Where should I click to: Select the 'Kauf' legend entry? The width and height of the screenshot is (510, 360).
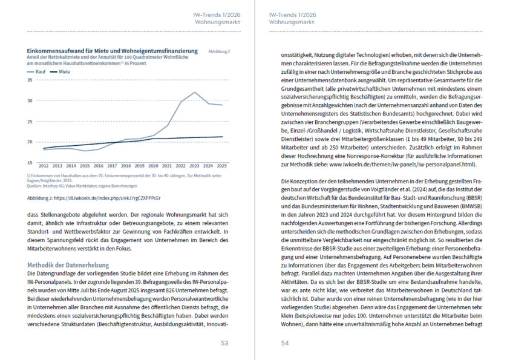(x=40, y=72)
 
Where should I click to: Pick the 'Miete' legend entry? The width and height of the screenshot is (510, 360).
(x=64, y=72)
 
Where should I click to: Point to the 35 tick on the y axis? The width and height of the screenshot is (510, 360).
(x=30, y=80)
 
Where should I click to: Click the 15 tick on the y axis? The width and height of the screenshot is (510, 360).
(x=30, y=163)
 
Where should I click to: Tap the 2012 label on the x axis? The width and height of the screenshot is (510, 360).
(x=44, y=165)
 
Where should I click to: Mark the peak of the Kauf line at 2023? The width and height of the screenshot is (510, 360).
(x=195, y=93)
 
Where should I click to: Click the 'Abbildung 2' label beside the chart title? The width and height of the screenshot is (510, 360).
(x=218, y=52)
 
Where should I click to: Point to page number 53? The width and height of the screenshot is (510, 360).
(x=224, y=343)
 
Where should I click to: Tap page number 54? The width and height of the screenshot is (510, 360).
(x=285, y=343)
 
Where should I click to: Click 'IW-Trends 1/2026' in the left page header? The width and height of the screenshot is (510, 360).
(x=217, y=14)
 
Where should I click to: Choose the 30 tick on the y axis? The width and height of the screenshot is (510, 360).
(x=30, y=100)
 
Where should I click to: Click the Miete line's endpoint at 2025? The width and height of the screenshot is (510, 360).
(x=223, y=137)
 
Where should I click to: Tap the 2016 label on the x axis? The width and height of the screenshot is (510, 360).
(x=99, y=165)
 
